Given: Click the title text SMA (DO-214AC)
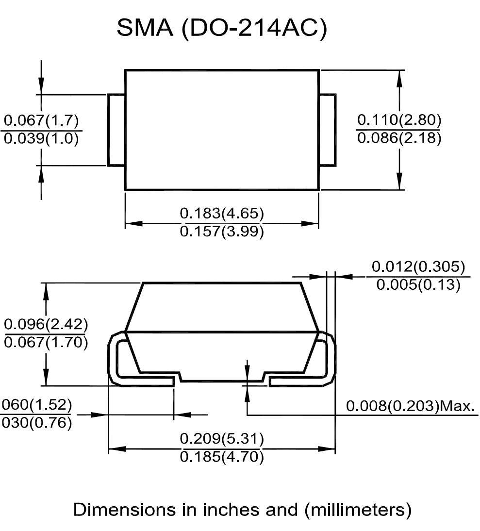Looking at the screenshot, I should point(222,29).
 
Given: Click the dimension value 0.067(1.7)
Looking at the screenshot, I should point(41,120).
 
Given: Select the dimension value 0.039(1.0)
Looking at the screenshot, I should point(41,139).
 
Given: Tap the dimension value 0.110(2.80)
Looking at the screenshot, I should point(399,119).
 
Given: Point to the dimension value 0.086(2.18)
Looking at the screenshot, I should point(399,138).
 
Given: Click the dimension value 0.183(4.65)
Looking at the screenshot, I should point(222,213).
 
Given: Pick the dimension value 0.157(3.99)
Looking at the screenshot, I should point(222,232).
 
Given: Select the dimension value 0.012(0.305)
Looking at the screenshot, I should point(418,266).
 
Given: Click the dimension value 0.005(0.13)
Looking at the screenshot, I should point(418,284).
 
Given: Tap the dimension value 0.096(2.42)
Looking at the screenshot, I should point(46,324).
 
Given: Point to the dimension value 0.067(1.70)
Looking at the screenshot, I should point(46,343).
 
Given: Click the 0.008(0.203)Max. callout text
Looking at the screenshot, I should point(411,406).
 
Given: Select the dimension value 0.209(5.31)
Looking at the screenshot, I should point(222,439).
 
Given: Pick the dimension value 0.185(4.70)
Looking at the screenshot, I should point(222,457).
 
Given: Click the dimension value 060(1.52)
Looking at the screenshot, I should point(36,404).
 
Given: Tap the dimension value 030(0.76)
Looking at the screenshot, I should point(36,423).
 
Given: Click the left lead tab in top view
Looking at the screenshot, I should point(116,130).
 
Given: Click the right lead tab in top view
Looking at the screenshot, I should point(328,130).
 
